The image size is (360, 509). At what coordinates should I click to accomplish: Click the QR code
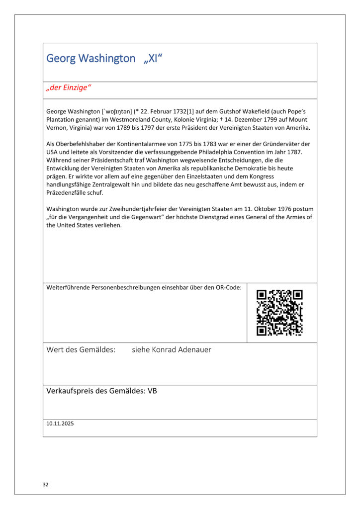[x=279, y=313]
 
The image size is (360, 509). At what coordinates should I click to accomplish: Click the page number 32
[x=46, y=484]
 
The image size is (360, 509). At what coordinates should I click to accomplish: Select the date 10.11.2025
[x=60, y=424]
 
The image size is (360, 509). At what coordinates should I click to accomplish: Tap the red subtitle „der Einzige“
[x=69, y=88]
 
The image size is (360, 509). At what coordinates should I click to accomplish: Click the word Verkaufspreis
[x=69, y=391]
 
